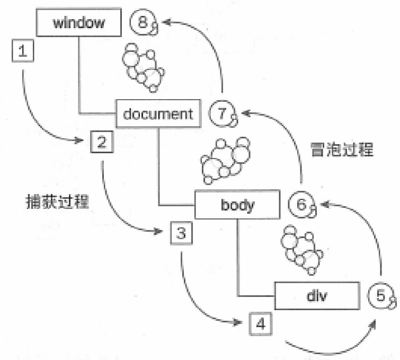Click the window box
pos(79,23)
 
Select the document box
pos(158,113)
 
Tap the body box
pos(237,205)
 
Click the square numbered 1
pos(22,51)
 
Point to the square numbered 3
pos(181,232)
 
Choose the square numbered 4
pos(260,322)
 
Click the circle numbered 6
pos(301,205)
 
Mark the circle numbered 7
pos(221,113)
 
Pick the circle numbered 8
pos(143,23)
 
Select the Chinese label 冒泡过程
pos(342,150)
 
